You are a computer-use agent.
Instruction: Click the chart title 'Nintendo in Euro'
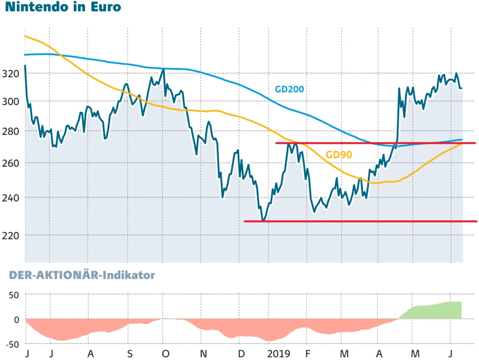(x=63, y=8)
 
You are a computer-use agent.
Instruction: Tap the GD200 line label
(x=289, y=89)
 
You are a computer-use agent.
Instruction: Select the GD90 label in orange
(x=339, y=154)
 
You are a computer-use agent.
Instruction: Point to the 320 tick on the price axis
(x=11, y=73)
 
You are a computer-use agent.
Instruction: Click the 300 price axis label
(x=11, y=101)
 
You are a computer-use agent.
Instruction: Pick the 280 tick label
(x=11, y=131)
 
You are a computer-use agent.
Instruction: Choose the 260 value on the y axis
(x=11, y=163)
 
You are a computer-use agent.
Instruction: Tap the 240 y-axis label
(x=11, y=197)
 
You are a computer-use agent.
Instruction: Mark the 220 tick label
(x=11, y=235)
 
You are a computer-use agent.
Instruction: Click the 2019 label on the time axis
(x=279, y=354)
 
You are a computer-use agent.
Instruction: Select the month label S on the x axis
(x=129, y=354)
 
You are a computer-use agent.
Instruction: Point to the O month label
(x=166, y=354)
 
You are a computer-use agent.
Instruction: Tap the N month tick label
(x=204, y=354)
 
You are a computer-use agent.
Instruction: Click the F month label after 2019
(x=307, y=354)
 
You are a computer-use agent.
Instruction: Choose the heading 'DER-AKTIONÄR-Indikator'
(x=80, y=275)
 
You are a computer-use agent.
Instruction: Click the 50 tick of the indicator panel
(x=13, y=294)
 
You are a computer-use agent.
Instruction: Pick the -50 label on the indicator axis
(x=11, y=344)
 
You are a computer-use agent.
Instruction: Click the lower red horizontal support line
(x=359, y=221)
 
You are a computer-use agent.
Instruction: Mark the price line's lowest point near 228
(x=262, y=220)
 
